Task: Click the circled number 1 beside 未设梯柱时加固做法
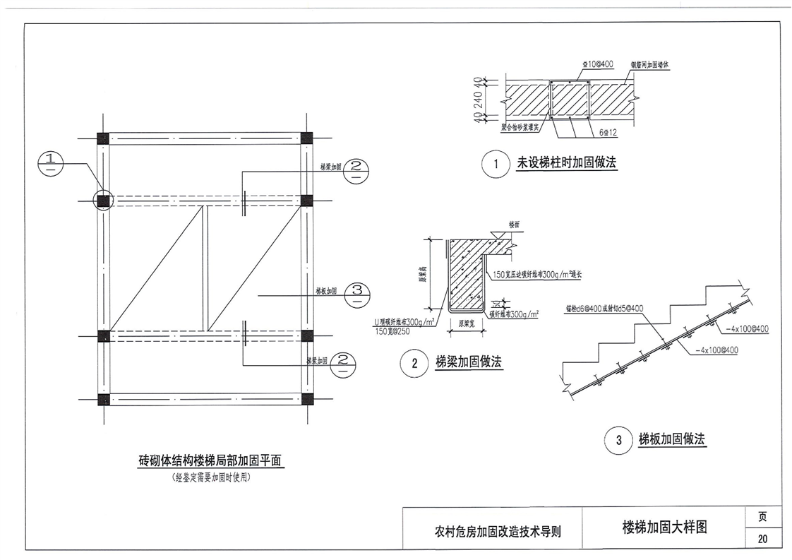(x=496, y=165)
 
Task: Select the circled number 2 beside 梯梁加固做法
(x=414, y=364)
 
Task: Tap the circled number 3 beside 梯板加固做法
(x=619, y=441)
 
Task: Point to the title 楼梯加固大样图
(x=664, y=528)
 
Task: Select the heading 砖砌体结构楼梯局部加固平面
(x=210, y=461)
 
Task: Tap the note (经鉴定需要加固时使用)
(x=211, y=477)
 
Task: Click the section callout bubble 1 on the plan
(x=50, y=167)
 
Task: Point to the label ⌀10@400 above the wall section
(x=597, y=64)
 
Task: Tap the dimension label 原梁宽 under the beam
(x=464, y=323)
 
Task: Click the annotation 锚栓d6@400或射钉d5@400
(x=604, y=309)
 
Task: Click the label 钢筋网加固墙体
(x=649, y=64)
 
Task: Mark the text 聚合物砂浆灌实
(x=520, y=129)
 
